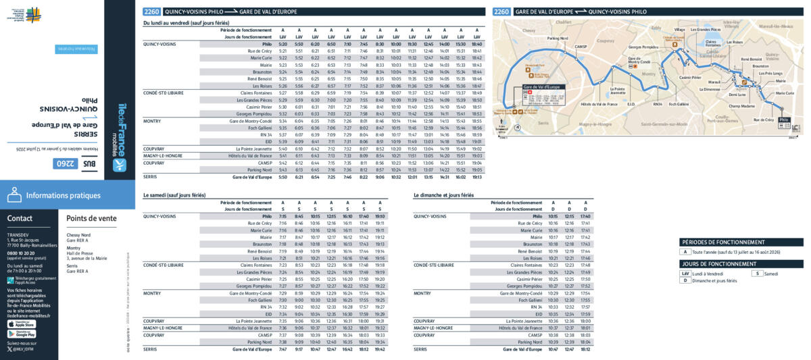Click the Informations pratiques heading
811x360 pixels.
(x=63, y=196)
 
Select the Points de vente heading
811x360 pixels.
(x=91, y=218)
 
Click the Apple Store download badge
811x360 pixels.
(x=22, y=324)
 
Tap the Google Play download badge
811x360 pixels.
(x=22, y=334)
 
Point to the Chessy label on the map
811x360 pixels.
(x=529, y=30)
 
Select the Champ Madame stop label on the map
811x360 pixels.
(x=741, y=106)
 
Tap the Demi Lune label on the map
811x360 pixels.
(x=737, y=95)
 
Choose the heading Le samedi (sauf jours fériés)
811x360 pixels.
(x=174, y=195)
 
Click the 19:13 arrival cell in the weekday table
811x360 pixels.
(x=476, y=177)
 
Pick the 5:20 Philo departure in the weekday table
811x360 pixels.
(x=282, y=44)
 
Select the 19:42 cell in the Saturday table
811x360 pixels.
(x=379, y=349)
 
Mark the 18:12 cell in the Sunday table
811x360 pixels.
(x=585, y=349)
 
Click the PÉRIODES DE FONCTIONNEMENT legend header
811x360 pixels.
(x=723, y=242)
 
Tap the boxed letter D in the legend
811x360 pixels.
(x=686, y=280)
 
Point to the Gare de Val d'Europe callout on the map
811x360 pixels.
(x=541, y=87)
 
